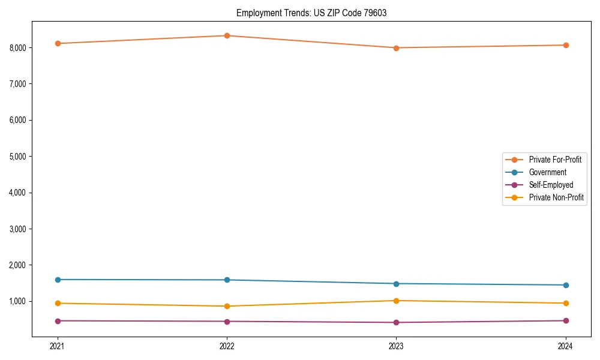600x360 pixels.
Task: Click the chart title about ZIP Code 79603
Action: (x=311, y=13)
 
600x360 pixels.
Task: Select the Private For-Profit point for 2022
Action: (x=227, y=35)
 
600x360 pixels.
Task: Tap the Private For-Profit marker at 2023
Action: (x=396, y=48)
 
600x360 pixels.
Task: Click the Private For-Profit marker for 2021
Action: (x=58, y=43)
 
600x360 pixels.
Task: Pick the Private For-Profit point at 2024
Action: (x=565, y=45)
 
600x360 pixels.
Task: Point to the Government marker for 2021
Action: (x=58, y=280)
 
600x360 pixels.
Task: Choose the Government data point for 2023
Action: (x=396, y=284)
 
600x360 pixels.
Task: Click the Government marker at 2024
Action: (x=565, y=285)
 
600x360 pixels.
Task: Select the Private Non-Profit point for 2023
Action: (x=396, y=301)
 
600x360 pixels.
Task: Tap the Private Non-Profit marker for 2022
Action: (x=227, y=306)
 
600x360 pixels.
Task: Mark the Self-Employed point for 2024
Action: (x=565, y=320)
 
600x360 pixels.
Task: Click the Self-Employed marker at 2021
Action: (x=58, y=321)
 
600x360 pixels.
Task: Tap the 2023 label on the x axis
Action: (x=396, y=346)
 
